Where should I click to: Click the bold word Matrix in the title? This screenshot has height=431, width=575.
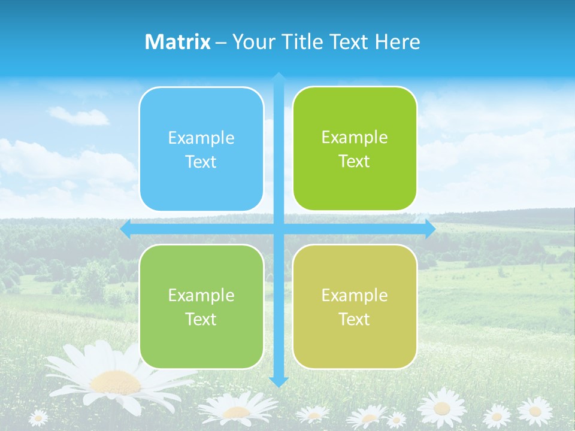point(178,42)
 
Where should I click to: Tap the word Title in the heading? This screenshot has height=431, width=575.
point(306,42)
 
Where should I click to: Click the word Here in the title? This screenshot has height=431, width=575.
point(398,42)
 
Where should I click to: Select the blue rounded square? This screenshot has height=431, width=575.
point(201,149)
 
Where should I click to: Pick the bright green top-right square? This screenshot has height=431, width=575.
point(355,149)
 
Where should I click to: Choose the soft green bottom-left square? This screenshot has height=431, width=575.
point(201,306)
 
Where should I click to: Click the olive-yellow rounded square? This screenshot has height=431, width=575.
point(355,306)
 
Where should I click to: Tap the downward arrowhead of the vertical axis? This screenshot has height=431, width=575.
point(279,381)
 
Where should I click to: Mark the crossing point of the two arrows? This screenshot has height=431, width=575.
point(279,229)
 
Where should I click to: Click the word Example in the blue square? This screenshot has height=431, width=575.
point(201,138)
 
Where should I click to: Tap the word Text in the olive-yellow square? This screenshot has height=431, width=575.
point(355,319)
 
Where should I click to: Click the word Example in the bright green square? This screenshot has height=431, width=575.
point(355,138)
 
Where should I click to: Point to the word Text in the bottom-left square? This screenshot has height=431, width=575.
point(201,319)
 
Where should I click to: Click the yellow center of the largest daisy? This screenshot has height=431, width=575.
point(115,381)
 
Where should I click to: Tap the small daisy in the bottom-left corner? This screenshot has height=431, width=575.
point(38,417)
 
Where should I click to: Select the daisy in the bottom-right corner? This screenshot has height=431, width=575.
point(534,411)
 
